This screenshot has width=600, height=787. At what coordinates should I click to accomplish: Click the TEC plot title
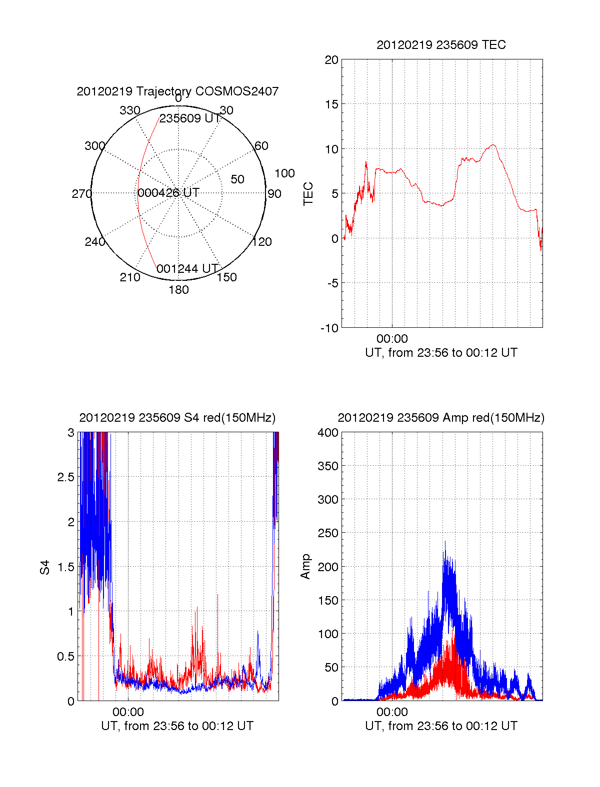[441, 45]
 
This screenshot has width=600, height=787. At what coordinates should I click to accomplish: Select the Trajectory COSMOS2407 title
[177, 91]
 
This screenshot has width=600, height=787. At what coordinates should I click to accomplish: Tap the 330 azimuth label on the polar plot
[130, 110]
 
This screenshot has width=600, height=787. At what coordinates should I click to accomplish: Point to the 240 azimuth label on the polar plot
[94, 242]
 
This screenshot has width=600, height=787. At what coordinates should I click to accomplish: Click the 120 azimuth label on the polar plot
[262, 242]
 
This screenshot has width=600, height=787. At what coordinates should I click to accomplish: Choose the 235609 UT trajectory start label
[190, 118]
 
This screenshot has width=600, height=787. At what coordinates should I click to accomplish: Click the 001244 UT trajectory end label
[187, 269]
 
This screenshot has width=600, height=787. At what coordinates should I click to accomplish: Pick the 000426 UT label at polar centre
[168, 193]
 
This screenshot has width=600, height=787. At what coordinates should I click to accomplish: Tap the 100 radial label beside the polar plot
[284, 173]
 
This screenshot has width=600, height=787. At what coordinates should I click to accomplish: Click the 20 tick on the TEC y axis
[331, 60]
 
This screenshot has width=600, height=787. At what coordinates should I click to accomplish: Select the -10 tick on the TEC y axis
[329, 328]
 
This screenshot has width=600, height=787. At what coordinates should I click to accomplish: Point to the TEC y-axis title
[308, 194]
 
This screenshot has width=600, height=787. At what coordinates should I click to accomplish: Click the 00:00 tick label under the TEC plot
[392, 339]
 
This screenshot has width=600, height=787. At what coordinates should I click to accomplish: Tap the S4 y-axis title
[45, 567]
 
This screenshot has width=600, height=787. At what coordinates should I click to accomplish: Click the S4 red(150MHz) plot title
[177, 418]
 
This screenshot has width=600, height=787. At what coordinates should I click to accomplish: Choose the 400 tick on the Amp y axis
[328, 433]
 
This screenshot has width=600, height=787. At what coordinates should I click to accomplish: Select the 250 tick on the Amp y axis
[328, 533]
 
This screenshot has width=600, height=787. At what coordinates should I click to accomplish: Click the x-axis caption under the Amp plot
[441, 726]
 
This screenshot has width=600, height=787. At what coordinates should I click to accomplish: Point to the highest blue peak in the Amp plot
[444, 542]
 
